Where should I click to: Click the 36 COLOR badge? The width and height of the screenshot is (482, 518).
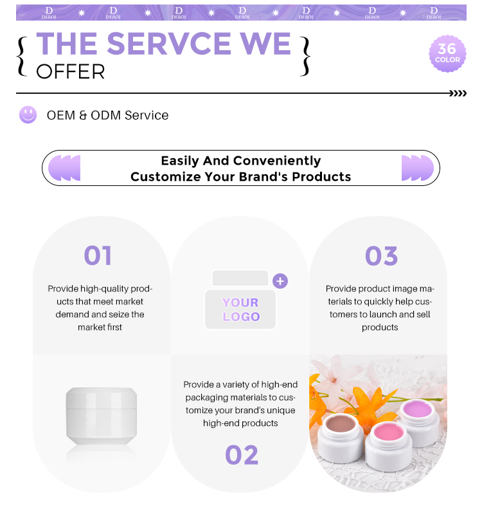coord(447,53)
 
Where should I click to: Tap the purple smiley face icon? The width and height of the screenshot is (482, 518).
coord(28,115)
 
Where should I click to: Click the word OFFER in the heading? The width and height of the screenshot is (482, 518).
coord(70,71)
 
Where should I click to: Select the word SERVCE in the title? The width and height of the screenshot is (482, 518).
coord(169,43)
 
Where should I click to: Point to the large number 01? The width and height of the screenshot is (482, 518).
coord(98,255)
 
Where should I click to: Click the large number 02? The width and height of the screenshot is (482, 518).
coord(242,455)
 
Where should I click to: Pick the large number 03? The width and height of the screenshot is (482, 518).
coord(381,255)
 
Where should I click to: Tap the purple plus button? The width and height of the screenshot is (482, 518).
coord(280,281)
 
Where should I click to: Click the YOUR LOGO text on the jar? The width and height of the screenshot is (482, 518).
coord(241,310)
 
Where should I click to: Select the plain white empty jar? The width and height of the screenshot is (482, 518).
coord(102,416)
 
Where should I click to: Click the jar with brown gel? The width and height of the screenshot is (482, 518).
coord(341,438)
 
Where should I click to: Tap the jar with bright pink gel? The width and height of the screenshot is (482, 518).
coord(388,446)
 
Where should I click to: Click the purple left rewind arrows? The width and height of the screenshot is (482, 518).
coord(64,168)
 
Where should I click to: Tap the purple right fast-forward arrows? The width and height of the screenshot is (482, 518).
coord(417,168)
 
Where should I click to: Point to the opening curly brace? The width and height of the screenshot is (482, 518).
coord(22,57)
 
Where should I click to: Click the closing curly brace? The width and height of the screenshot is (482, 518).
coord(305,57)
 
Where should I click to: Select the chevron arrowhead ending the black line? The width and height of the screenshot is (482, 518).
coord(458,93)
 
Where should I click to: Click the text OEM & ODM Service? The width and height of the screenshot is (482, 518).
coord(107,115)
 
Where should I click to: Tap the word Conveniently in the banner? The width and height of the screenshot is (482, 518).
coord(278,161)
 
